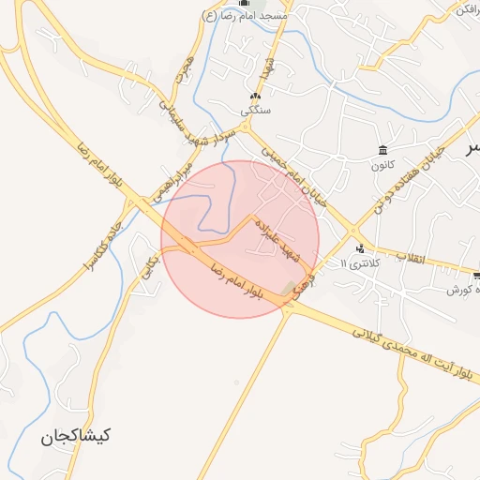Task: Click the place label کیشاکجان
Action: point(76,436)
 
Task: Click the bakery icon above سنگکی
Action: point(255,96)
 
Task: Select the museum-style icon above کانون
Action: point(382,151)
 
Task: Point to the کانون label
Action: point(382,166)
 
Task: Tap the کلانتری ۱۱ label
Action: point(363,264)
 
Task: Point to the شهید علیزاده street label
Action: point(278,240)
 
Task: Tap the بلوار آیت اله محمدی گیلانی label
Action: point(412,352)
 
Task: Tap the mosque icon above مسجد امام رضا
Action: point(246,3)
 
